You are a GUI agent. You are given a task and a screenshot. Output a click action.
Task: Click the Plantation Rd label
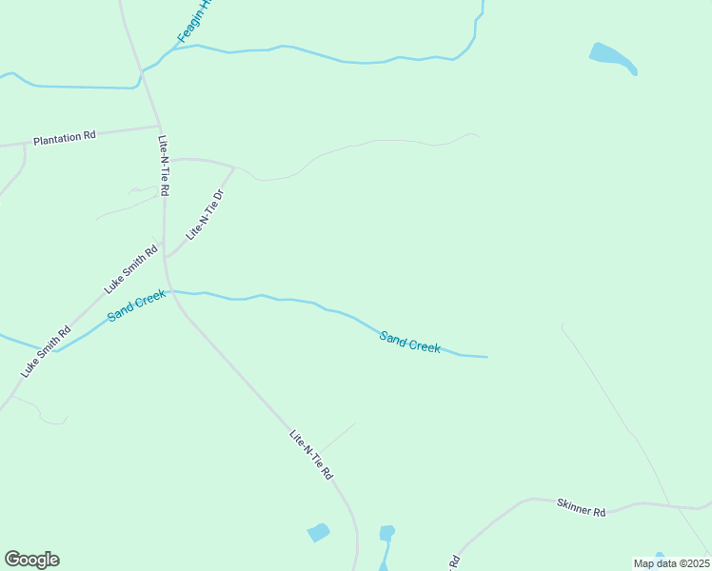65,137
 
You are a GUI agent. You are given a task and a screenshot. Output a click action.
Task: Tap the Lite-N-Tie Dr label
205,214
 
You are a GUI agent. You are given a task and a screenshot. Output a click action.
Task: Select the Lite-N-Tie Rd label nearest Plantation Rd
164,165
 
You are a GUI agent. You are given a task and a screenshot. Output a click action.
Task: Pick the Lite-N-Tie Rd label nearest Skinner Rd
311,455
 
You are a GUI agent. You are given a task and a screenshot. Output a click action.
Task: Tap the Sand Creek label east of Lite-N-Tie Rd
409,342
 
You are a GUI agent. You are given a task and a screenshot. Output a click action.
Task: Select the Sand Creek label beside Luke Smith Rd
136,305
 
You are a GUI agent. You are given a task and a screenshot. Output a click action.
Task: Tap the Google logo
31,560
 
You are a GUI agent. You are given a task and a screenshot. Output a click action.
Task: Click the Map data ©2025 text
671,563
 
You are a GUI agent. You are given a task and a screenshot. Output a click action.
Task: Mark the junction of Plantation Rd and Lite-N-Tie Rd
159,126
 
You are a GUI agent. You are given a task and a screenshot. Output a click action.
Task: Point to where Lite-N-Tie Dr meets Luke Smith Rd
166,257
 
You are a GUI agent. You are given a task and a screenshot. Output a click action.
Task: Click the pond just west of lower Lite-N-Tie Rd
319,532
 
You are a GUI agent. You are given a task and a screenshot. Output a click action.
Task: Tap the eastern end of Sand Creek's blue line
486,357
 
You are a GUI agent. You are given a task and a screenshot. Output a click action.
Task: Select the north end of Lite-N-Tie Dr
234,167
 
